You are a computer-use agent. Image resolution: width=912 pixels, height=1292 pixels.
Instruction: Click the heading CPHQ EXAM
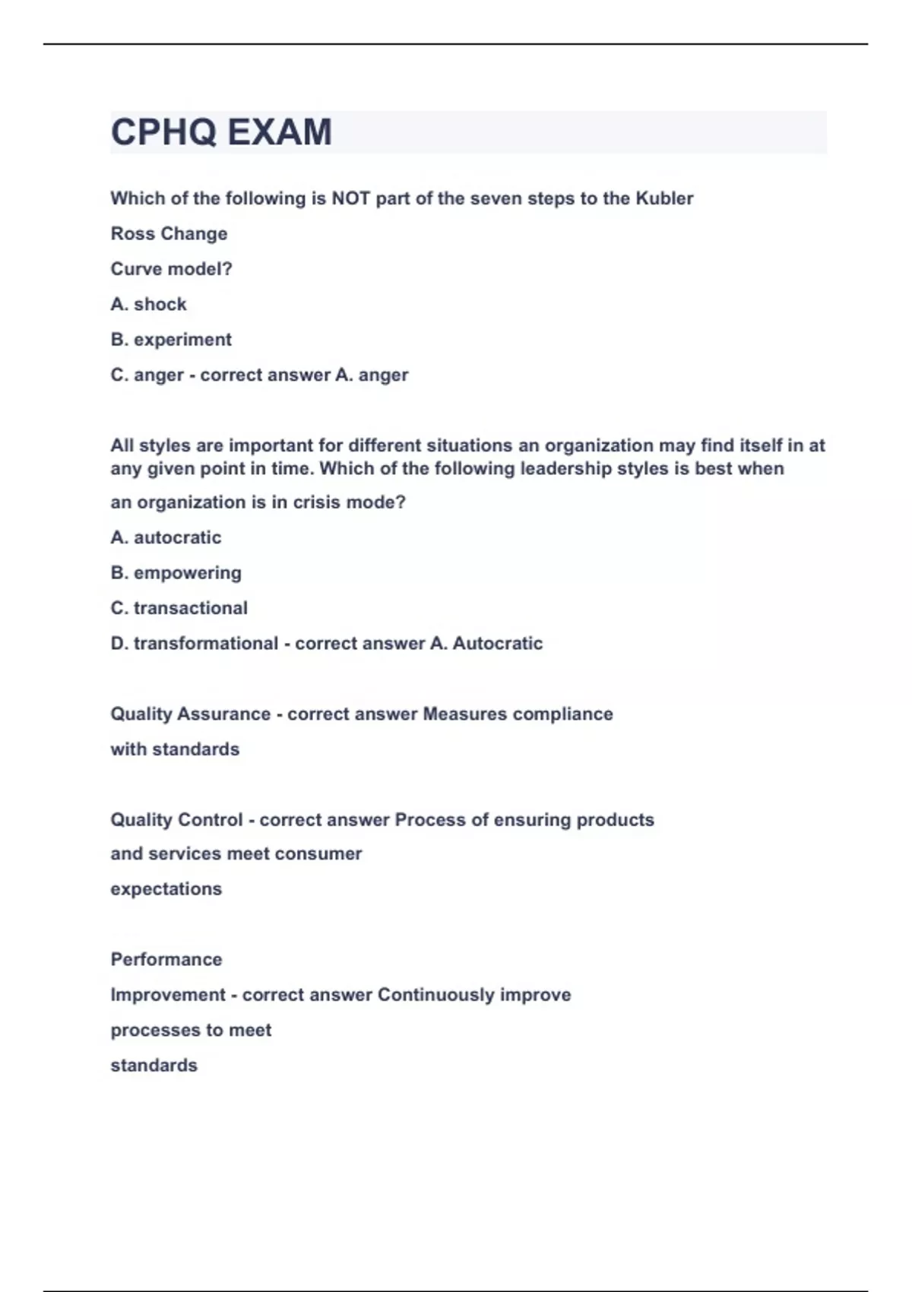click(221, 132)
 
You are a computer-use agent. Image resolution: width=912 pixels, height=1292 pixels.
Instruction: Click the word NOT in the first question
click(350, 198)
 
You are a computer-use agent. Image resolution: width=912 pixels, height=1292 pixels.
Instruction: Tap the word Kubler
click(664, 198)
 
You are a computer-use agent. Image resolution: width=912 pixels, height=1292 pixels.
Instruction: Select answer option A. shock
click(149, 304)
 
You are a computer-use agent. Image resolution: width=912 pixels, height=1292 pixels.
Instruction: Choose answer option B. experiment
click(171, 340)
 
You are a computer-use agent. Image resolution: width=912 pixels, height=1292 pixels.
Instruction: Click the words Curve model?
click(172, 269)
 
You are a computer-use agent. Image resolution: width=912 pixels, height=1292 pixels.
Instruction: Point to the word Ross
click(133, 234)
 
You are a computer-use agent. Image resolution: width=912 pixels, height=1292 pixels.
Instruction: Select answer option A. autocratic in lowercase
click(166, 537)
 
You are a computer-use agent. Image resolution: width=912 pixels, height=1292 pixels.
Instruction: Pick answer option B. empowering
click(176, 573)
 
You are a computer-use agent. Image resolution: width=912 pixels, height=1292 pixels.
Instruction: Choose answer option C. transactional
click(179, 608)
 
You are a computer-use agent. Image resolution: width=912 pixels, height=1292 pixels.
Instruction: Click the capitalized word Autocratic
click(498, 644)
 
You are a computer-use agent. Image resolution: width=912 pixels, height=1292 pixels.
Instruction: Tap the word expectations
click(166, 889)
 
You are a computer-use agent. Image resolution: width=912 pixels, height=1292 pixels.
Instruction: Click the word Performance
click(166, 960)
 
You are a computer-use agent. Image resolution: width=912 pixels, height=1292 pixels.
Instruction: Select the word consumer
click(318, 854)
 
